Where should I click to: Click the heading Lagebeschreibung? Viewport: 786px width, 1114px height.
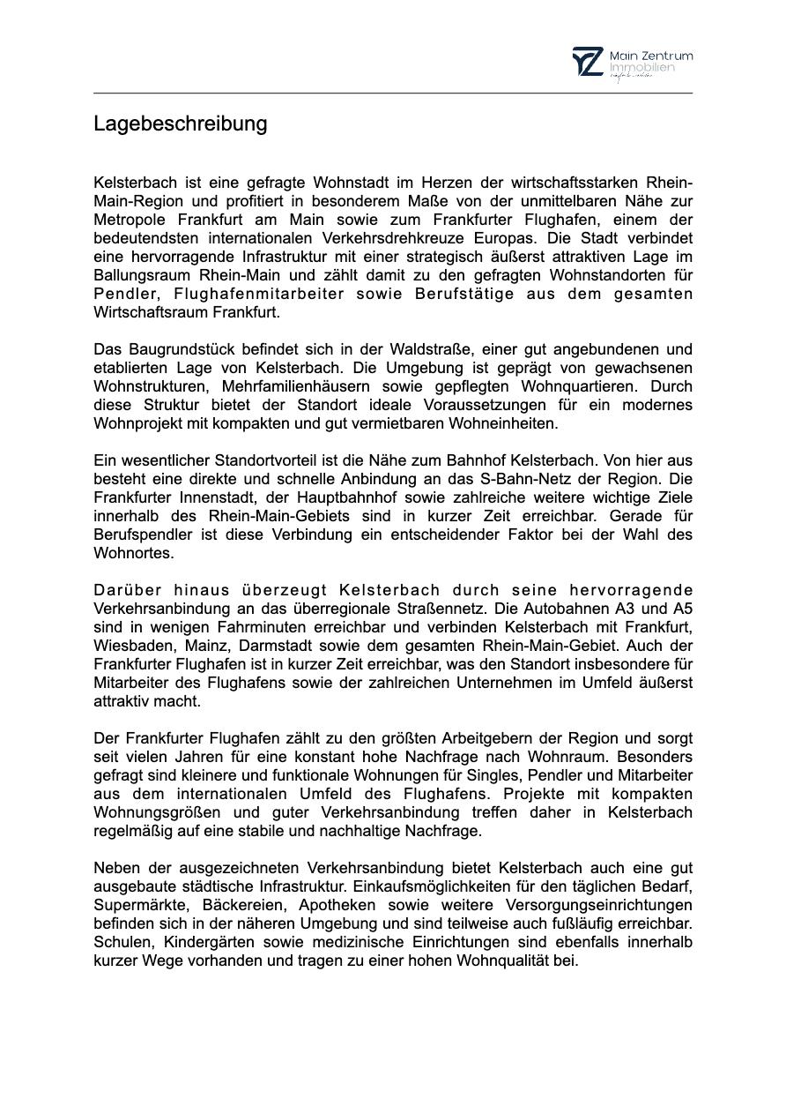tap(180, 123)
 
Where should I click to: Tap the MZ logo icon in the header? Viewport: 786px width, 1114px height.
tap(588, 62)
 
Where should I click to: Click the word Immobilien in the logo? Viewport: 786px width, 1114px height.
tap(641, 68)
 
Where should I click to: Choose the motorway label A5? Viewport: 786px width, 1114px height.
tap(682, 609)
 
